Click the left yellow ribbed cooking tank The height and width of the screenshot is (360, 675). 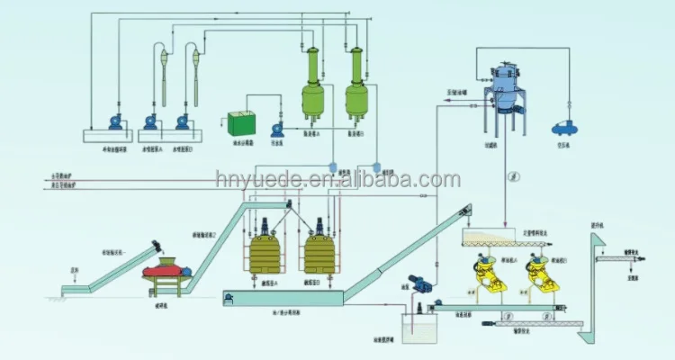tap(267, 253)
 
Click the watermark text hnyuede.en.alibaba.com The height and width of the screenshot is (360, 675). tap(337, 183)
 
